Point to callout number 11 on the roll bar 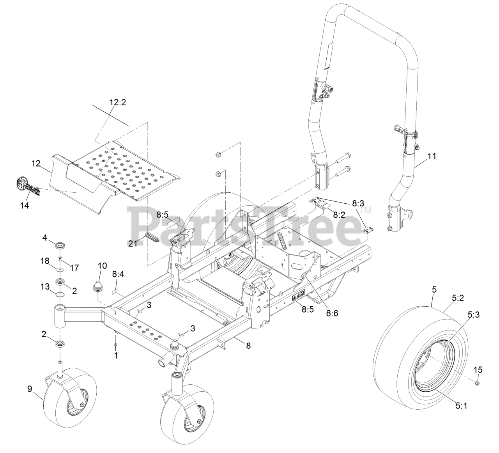click(432, 156)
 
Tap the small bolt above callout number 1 click(115, 345)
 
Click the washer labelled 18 click(60, 270)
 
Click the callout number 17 click(74, 268)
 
